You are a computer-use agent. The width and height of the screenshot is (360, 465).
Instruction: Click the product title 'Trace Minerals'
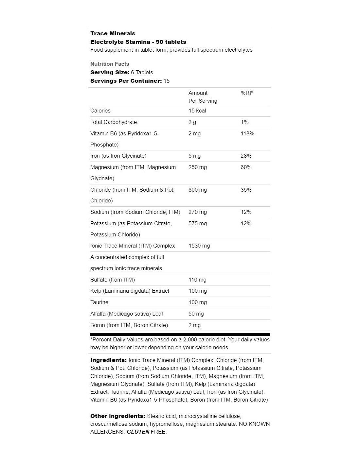coord(113,33)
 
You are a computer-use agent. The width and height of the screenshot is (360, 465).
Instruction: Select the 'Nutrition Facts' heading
coord(110,64)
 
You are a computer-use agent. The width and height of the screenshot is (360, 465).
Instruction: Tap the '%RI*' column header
coord(247,93)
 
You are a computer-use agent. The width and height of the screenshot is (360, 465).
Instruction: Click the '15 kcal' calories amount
coord(197,111)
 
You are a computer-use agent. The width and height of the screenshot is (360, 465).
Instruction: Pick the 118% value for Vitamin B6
coord(247,133)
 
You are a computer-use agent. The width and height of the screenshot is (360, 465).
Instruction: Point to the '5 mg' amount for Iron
coord(194,156)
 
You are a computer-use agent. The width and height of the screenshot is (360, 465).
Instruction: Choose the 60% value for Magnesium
coord(246,167)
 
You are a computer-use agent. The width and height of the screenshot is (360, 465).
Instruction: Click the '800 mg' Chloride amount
coord(197,190)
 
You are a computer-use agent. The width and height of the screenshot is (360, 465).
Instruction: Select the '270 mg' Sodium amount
coord(197,212)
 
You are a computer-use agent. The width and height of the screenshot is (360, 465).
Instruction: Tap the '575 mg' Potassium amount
coord(197,223)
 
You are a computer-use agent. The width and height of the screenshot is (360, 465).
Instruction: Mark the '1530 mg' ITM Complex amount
coord(199,246)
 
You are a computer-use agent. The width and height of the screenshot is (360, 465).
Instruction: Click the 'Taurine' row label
coord(99,302)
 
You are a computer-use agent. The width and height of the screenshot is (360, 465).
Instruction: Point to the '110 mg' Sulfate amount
coord(197,280)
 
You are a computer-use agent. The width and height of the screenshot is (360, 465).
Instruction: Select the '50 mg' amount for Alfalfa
coord(196,314)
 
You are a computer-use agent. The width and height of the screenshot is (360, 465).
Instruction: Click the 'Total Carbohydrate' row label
coord(114,122)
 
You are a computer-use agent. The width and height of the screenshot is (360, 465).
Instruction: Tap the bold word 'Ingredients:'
coord(108,360)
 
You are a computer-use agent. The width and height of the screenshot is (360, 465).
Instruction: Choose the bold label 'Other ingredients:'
coord(117,416)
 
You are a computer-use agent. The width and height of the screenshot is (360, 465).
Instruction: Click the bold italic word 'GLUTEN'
coord(138,432)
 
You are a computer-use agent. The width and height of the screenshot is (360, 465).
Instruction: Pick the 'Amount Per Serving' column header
coord(203,97)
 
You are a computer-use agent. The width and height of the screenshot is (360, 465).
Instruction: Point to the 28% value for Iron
coord(246,156)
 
